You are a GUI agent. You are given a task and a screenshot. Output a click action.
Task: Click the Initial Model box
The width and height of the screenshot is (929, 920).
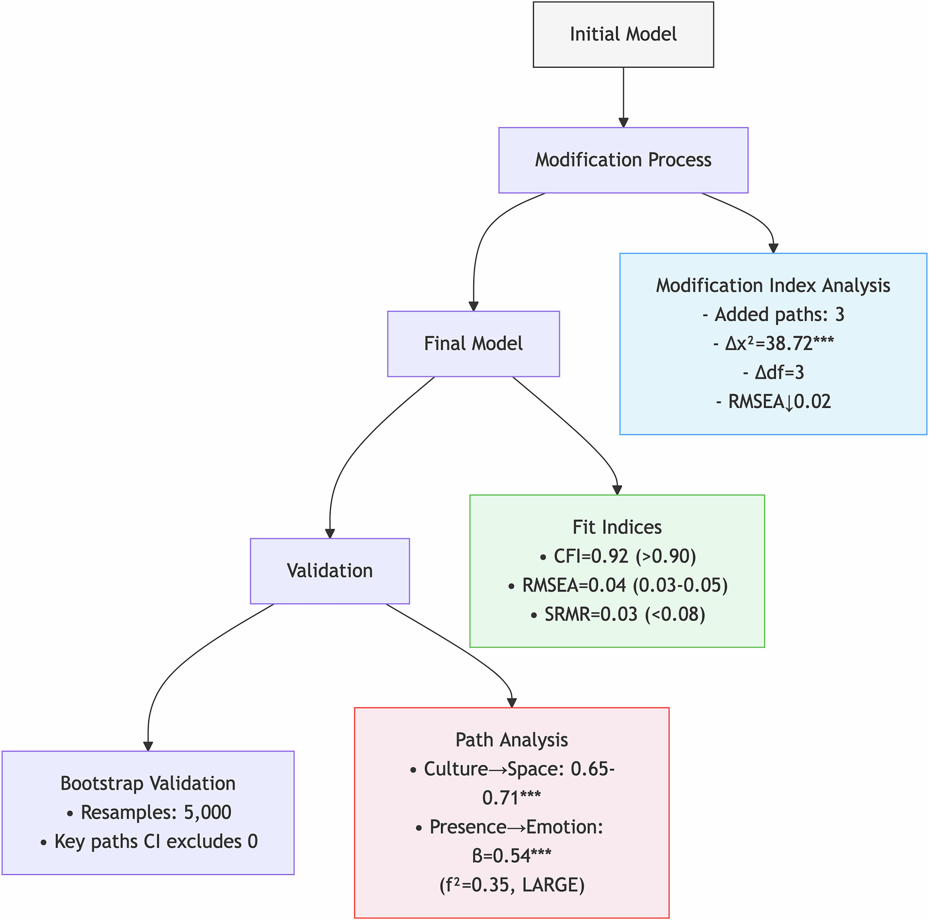pos(623,34)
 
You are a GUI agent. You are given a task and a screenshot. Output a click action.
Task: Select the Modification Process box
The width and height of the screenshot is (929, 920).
pos(623,160)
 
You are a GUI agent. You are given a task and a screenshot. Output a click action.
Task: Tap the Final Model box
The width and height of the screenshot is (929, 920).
pos(473,344)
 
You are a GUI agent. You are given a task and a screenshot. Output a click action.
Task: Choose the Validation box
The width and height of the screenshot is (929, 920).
pos(330,571)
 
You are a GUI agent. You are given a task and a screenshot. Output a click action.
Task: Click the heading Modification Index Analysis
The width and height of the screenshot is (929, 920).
pos(773,285)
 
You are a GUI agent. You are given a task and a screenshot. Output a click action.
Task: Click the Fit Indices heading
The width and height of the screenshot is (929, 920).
pos(617,527)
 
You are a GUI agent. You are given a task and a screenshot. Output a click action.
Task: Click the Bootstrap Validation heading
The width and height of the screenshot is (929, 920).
pos(148,783)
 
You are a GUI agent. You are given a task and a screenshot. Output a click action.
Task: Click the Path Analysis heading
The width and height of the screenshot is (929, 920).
pos(512,740)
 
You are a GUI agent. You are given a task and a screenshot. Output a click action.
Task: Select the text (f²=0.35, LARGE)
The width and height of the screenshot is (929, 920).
pos(512,885)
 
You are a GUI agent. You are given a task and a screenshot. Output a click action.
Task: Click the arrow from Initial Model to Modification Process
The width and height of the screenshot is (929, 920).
pos(623,96)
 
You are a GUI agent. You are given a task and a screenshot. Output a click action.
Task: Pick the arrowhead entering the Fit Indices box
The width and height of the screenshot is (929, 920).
pos(617,490)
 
